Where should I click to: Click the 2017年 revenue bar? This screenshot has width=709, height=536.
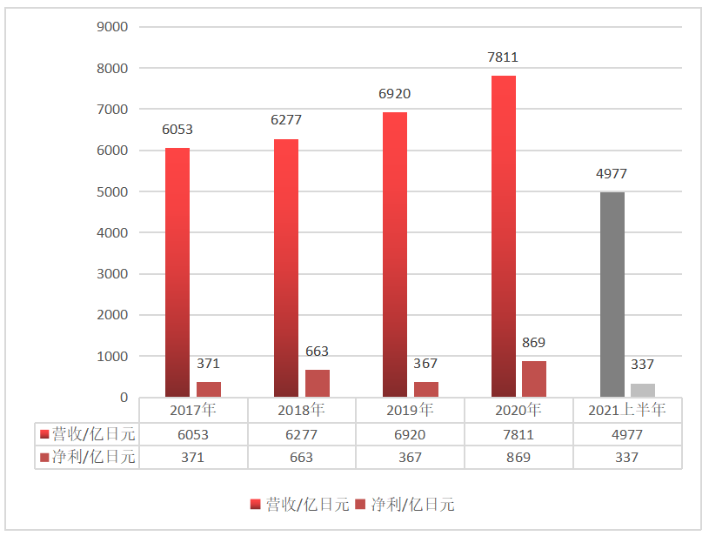[177, 272]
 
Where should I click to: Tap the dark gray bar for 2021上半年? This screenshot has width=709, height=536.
[612, 295]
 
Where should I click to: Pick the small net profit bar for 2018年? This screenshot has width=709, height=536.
[318, 384]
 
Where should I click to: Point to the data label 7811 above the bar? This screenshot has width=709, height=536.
[504, 58]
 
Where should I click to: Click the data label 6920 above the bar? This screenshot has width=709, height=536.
[395, 94]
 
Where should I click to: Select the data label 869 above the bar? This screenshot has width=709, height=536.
[534, 343]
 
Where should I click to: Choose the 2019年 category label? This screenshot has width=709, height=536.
[411, 410]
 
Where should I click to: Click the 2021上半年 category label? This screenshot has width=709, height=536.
[628, 410]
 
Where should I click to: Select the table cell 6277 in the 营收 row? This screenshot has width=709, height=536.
[302, 434]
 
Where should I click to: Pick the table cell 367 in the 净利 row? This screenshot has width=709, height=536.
[411, 457]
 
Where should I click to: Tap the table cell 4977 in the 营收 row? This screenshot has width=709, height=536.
[628, 434]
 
